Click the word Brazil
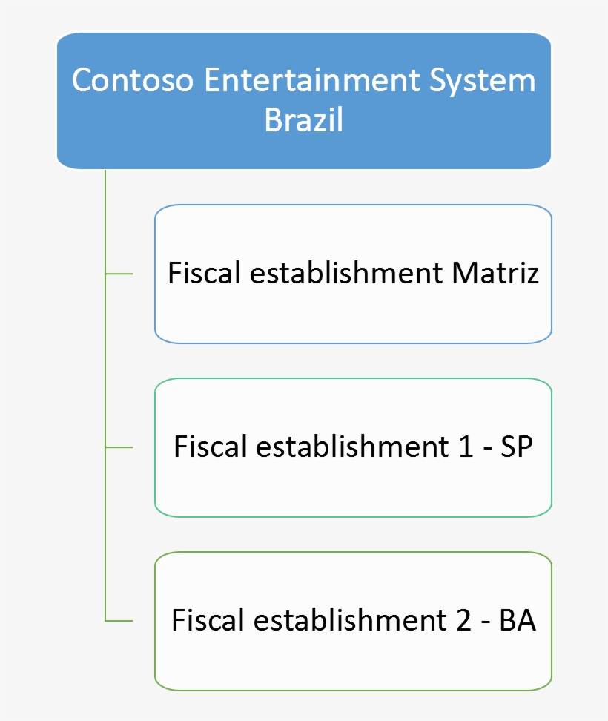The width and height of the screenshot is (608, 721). (304, 119)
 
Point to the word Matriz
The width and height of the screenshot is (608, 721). (495, 274)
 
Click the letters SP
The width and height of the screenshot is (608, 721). (516, 447)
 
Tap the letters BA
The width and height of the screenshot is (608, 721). (518, 620)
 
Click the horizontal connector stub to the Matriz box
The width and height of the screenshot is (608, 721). (119, 274)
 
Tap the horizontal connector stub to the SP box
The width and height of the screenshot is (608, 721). (119, 447)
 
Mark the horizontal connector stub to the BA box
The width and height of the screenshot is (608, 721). (119, 620)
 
